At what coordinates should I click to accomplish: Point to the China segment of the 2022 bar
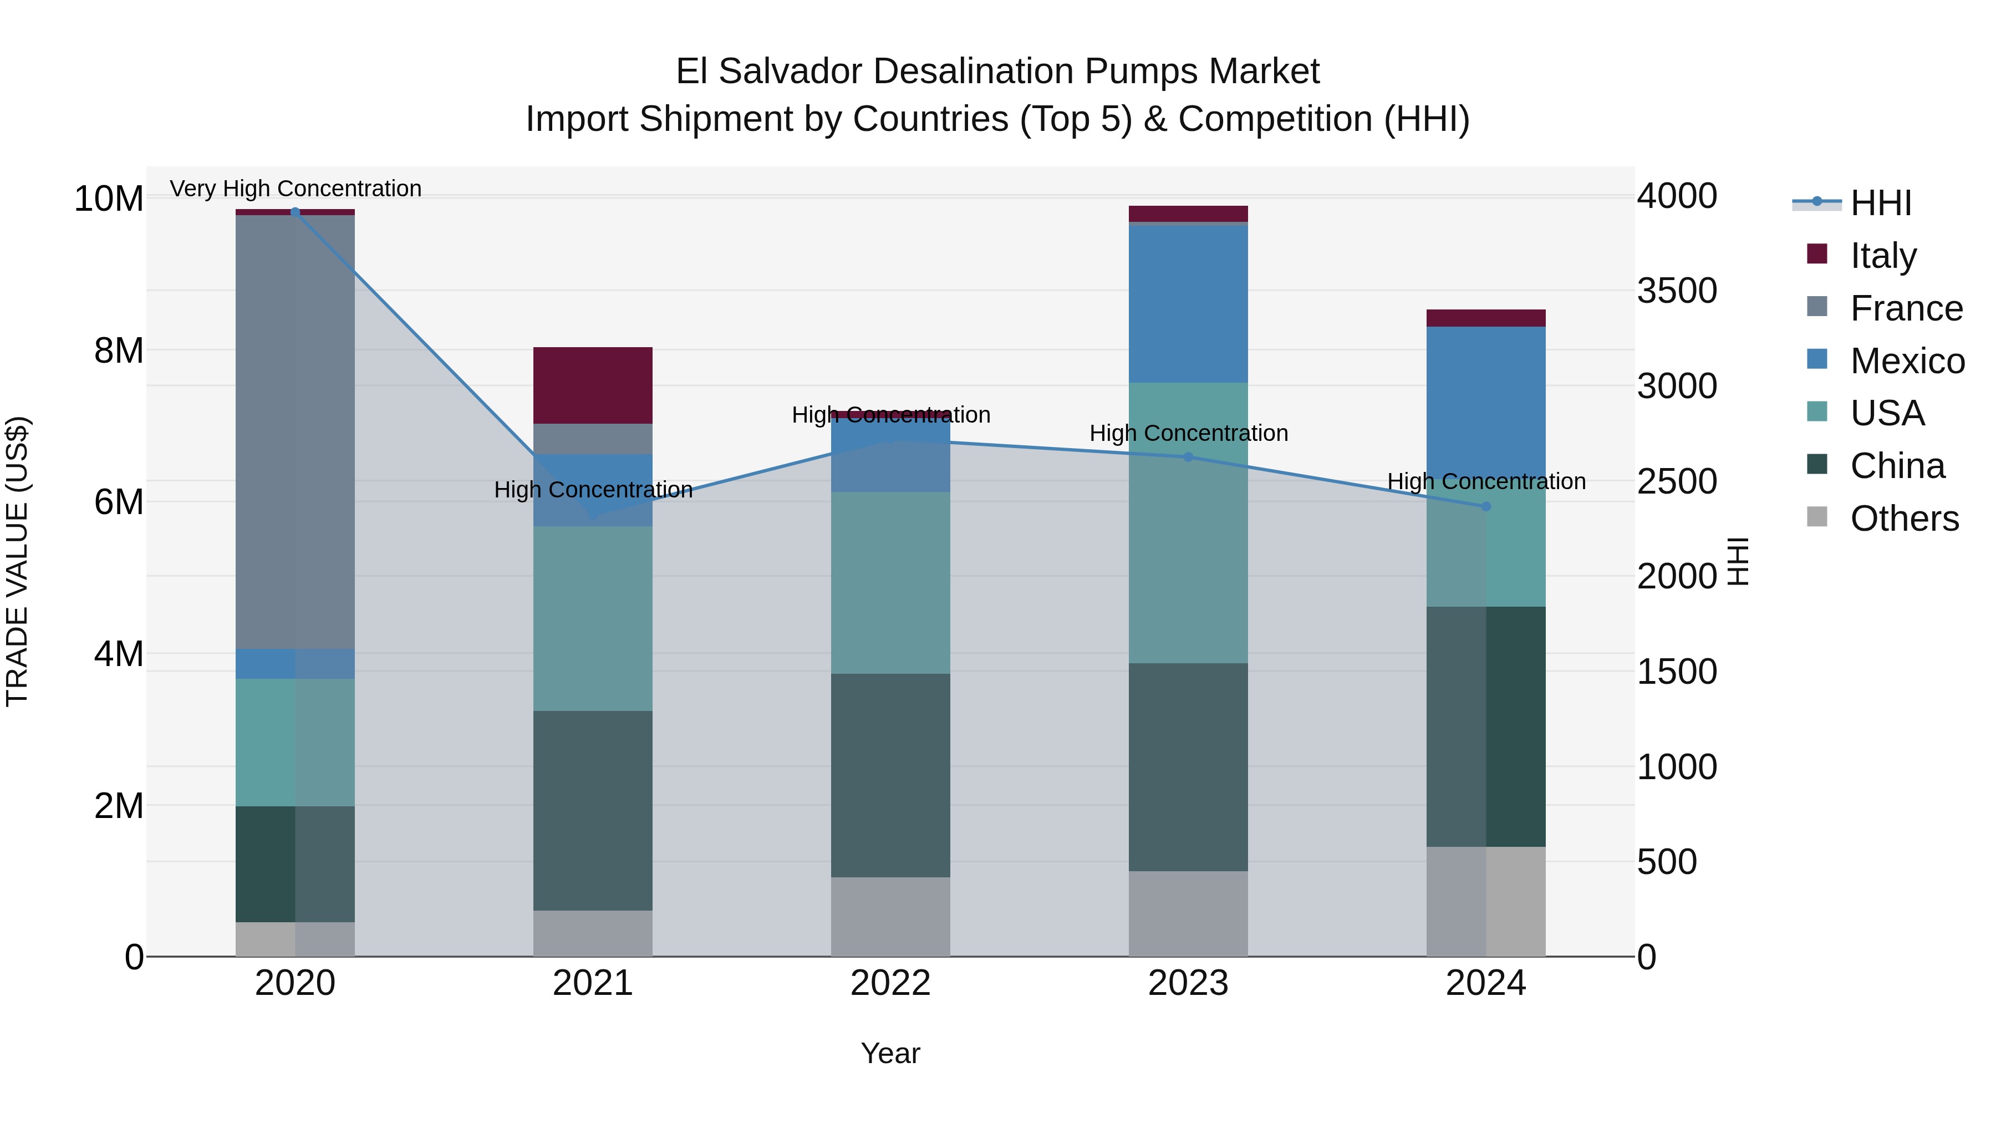890,775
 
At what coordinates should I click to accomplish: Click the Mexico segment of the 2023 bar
1188,303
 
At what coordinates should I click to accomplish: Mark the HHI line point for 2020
295,212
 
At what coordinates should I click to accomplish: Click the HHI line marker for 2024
1485,506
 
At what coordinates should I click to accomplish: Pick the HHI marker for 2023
1188,458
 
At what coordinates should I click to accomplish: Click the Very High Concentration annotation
295,189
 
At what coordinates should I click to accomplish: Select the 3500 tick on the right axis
1677,291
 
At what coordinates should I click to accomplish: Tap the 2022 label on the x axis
890,983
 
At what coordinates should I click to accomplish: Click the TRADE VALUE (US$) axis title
17,561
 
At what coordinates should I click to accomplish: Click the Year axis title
890,1053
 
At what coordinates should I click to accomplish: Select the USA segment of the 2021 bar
593,618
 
